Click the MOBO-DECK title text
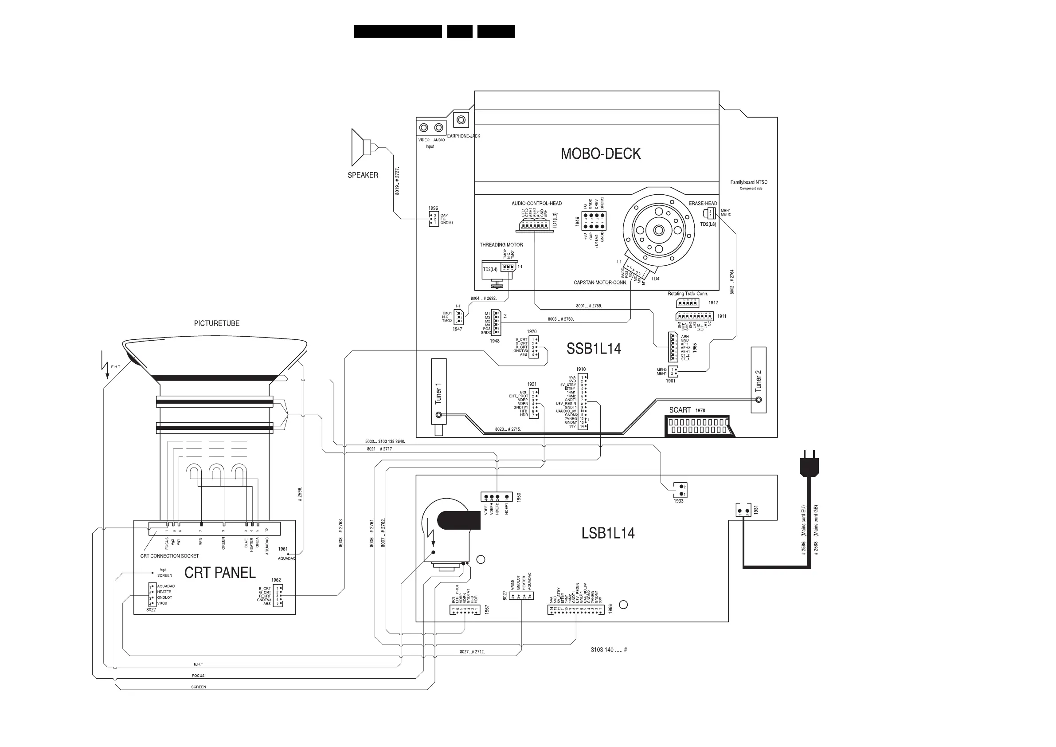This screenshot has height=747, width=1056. [x=600, y=154]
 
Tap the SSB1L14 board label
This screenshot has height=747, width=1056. [x=593, y=349]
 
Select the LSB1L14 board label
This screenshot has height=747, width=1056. [x=607, y=534]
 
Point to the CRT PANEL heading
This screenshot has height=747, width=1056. [x=220, y=573]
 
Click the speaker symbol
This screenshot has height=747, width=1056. [x=361, y=147]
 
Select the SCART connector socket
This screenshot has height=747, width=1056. [x=699, y=426]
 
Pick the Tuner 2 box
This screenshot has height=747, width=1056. [x=759, y=380]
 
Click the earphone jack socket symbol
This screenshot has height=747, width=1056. [x=461, y=120]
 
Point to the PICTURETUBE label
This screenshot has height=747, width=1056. [x=217, y=323]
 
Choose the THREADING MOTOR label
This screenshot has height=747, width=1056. [x=501, y=245]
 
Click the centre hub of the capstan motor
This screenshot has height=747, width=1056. [x=658, y=230]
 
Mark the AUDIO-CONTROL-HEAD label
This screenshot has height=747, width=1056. [x=536, y=204]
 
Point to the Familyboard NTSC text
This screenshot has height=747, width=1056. [x=749, y=182]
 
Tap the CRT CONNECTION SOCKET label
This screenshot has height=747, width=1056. [x=169, y=556]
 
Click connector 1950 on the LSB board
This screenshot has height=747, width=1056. [x=497, y=497]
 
